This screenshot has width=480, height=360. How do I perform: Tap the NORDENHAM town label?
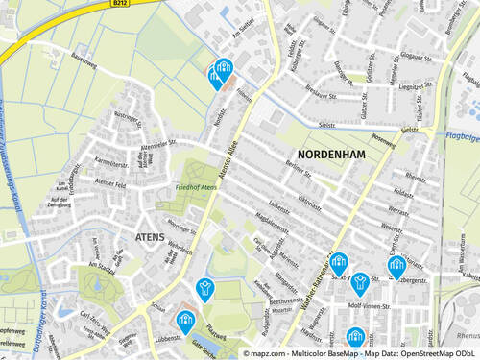(332, 155)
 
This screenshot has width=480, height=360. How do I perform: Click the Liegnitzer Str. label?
(412, 86)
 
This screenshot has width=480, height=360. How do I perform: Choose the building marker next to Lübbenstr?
(186, 319)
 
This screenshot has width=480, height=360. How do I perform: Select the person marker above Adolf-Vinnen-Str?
(360, 282)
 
